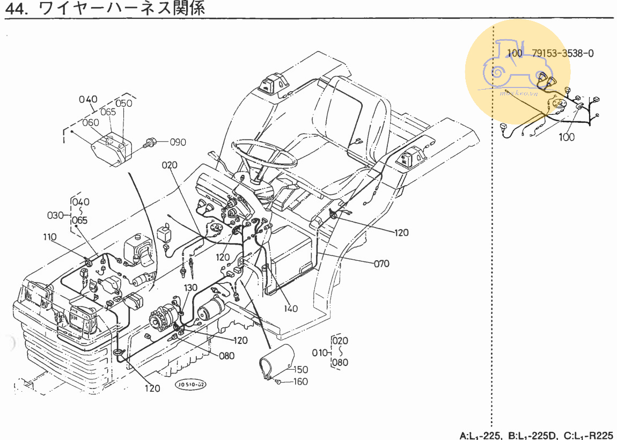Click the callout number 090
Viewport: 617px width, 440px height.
pos(178,142)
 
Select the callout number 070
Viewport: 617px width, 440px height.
pos(381,263)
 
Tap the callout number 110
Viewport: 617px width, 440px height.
pos(50,237)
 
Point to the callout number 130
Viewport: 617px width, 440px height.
pos(192,288)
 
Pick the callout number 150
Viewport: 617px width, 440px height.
pos(301,370)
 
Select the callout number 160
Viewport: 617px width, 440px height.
pos(300,382)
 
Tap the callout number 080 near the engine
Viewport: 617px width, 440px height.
pos(227,356)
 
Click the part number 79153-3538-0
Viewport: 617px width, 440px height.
pos(563,53)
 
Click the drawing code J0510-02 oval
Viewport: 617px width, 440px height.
pos(191,385)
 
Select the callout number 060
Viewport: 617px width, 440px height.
pos(91,122)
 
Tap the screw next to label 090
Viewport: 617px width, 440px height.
pos(151,143)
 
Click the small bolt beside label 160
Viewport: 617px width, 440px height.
pos(280,382)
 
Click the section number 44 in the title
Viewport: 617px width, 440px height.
pos(15,9)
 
